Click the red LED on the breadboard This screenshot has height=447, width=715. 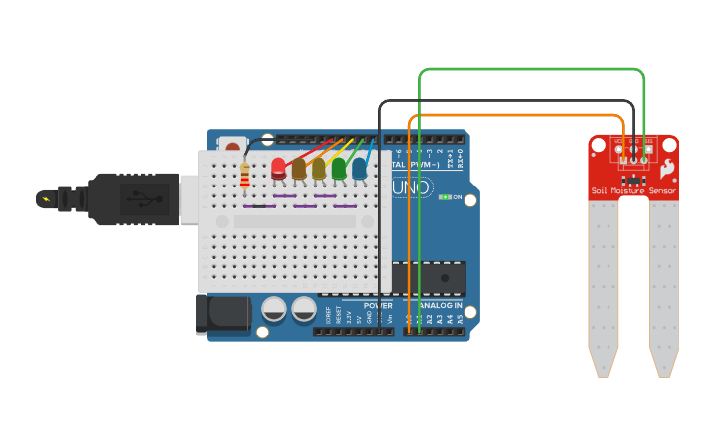[278, 168]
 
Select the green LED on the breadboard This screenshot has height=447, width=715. [339, 169]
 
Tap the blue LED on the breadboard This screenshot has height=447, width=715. [359, 169]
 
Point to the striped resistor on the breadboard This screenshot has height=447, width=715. [245, 176]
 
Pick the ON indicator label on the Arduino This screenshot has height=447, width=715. [457, 197]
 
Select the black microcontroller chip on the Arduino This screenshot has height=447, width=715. [428, 278]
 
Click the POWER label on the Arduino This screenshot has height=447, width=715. [377, 306]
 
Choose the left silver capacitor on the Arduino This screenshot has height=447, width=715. [275, 310]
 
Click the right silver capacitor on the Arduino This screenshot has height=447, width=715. [304, 310]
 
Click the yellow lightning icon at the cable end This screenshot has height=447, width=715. [45, 199]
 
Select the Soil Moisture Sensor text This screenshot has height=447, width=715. [633, 190]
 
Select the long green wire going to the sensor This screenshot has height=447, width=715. [533, 69]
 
